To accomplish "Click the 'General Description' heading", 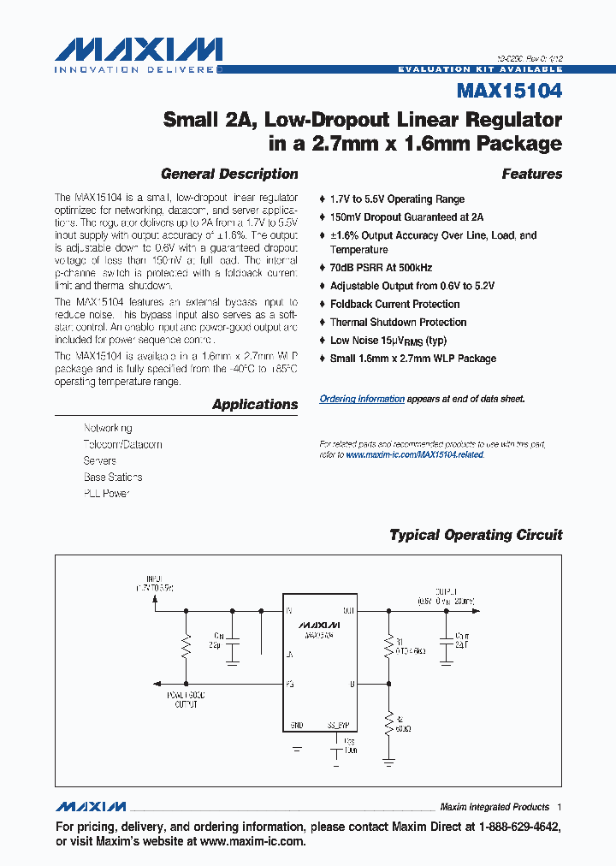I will tap(229, 174).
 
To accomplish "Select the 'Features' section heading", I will tap(531, 174).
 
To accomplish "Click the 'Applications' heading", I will tap(255, 404).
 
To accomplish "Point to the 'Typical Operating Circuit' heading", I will tap(476, 535).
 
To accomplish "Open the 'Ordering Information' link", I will tap(362, 399).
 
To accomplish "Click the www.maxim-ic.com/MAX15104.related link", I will tap(415, 454).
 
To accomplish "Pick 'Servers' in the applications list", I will tap(100, 460).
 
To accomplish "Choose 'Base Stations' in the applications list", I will tap(113, 477).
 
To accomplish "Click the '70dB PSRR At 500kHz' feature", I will tap(382, 267).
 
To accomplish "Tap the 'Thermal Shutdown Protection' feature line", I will tap(398, 322).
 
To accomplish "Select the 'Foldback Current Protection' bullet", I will tap(394, 304).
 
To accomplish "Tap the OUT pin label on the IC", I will tap(348, 611).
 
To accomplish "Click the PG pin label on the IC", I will tap(291, 684).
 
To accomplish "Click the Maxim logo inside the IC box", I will tap(320, 625).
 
